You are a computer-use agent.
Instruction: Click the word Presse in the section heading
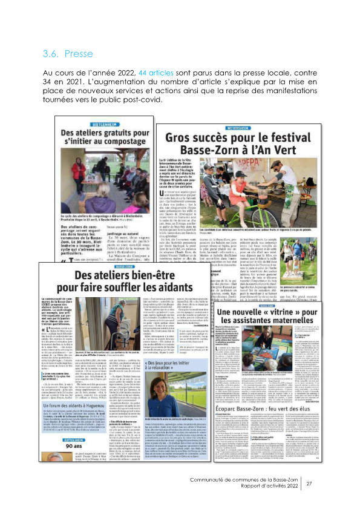[x=77, y=54]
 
